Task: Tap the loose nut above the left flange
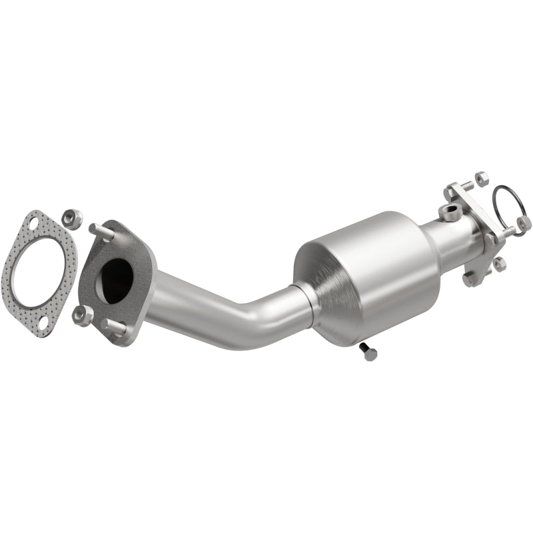pos(72,217)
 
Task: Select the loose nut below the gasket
pos(83,315)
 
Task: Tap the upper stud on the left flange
pos(102,231)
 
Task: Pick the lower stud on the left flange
pos(115,327)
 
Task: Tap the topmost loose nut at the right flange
pos(482,179)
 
